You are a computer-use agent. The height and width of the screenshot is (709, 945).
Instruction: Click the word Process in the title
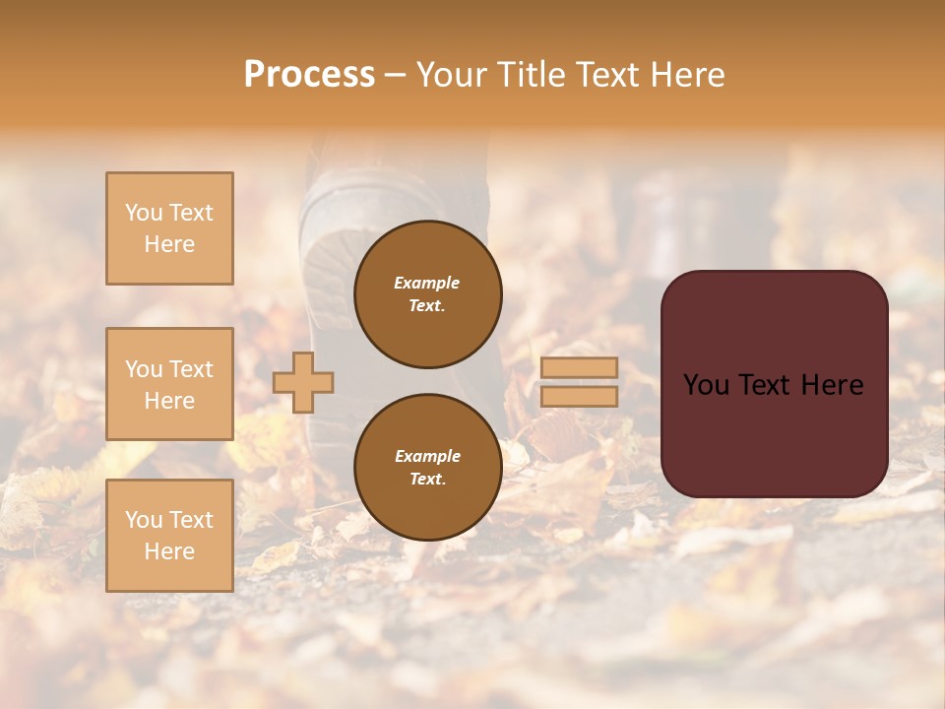click(309, 75)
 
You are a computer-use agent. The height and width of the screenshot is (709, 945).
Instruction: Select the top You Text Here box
click(169, 228)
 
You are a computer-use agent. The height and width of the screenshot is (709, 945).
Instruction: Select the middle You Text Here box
click(169, 384)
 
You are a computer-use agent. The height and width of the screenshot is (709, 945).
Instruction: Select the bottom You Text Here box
click(169, 536)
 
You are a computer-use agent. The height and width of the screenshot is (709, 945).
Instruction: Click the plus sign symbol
click(303, 382)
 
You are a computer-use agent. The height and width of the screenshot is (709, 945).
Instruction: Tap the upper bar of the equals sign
click(579, 367)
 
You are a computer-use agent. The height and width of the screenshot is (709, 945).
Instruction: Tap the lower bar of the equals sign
click(579, 397)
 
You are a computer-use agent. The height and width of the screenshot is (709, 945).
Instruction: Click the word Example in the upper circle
click(427, 283)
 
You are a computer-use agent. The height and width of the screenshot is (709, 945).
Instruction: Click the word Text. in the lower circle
click(427, 479)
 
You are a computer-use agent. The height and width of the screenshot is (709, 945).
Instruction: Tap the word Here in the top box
click(169, 244)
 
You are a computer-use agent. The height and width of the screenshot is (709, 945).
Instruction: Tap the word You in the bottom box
click(144, 520)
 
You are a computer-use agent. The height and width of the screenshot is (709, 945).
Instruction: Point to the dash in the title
click(395, 75)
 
